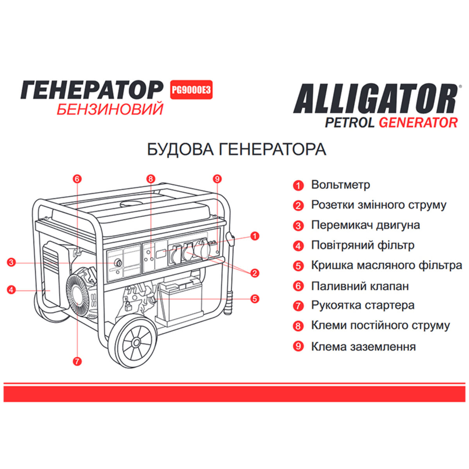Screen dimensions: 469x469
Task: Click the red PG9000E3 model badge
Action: (x=191, y=90)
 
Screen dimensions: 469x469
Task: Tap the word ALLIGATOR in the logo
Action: (x=375, y=98)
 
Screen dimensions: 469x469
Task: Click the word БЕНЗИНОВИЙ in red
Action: (x=110, y=109)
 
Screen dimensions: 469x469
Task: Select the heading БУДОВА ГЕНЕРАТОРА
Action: (x=236, y=150)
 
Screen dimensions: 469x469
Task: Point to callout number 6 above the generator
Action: (x=77, y=179)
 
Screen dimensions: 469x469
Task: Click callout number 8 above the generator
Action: (x=151, y=179)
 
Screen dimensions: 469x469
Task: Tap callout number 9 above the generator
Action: (x=217, y=179)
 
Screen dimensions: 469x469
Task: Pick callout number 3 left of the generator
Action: (x=11, y=262)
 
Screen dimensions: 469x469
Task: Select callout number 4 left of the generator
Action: (x=11, y=290)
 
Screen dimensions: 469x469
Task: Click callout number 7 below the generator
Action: (x=77, y=361)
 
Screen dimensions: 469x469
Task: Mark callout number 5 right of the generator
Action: (x=255, y=299)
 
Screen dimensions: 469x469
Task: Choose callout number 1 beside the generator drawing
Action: (x=255, y=236)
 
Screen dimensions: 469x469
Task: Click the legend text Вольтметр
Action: (x=340, y=185)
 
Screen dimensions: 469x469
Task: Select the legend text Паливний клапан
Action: (x=360, y=286)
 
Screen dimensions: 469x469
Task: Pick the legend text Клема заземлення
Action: (x=363, y=347)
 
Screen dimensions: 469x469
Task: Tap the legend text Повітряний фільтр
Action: (x=363, y=245)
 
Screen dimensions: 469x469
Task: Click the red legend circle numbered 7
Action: (x=298, y=306)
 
